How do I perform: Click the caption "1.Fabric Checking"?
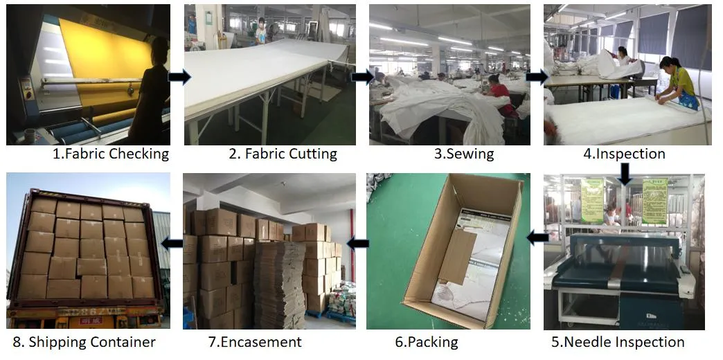coord(111,154)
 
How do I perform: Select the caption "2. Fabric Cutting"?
coord(283,154)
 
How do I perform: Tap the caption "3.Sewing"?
coord(464,154)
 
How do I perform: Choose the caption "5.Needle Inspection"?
coord(618,342)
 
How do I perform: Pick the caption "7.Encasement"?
coord(255,342)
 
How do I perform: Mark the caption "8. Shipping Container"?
coord(84,342)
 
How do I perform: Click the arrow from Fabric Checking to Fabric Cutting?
coord(179,77)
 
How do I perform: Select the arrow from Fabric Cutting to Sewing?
coord(362,77)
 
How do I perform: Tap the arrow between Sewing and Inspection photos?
coord(537,77)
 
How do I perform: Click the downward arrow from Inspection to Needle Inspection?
coord(625,174)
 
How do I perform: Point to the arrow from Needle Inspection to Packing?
coord(537,238)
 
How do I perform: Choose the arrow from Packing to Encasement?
coord(358,242)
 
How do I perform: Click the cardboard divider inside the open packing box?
coord(458,256)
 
